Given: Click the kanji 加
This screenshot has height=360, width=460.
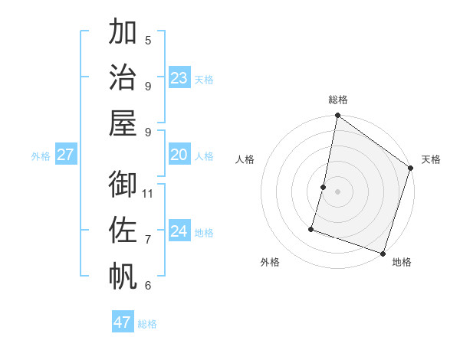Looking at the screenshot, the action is (123, 34).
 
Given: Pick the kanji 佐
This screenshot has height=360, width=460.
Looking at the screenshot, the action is (123, 231).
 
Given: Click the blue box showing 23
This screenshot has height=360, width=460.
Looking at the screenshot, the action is (179, 77).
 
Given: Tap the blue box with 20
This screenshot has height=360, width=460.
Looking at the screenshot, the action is (179, 155).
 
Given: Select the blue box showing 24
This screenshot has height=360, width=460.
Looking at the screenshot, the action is (179, 231).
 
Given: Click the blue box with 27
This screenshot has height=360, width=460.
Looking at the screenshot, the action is (65, 155).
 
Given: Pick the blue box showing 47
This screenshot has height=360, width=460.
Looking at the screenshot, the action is (123, 322).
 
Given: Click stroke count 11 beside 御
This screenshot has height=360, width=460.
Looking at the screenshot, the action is (148, 193).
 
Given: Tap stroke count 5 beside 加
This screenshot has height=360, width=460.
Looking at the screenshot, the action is (148, 41).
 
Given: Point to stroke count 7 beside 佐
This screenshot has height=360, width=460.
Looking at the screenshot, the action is (148, 239).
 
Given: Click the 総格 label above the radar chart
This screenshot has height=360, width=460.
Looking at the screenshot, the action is (338, 100).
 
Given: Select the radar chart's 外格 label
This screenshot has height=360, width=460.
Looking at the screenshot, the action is (270, 262).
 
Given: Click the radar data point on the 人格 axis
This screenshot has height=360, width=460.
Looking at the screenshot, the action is (324, 187).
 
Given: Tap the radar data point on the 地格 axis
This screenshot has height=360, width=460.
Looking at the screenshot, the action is (383, 253).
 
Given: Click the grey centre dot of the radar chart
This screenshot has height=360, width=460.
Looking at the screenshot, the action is (337, 191).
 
